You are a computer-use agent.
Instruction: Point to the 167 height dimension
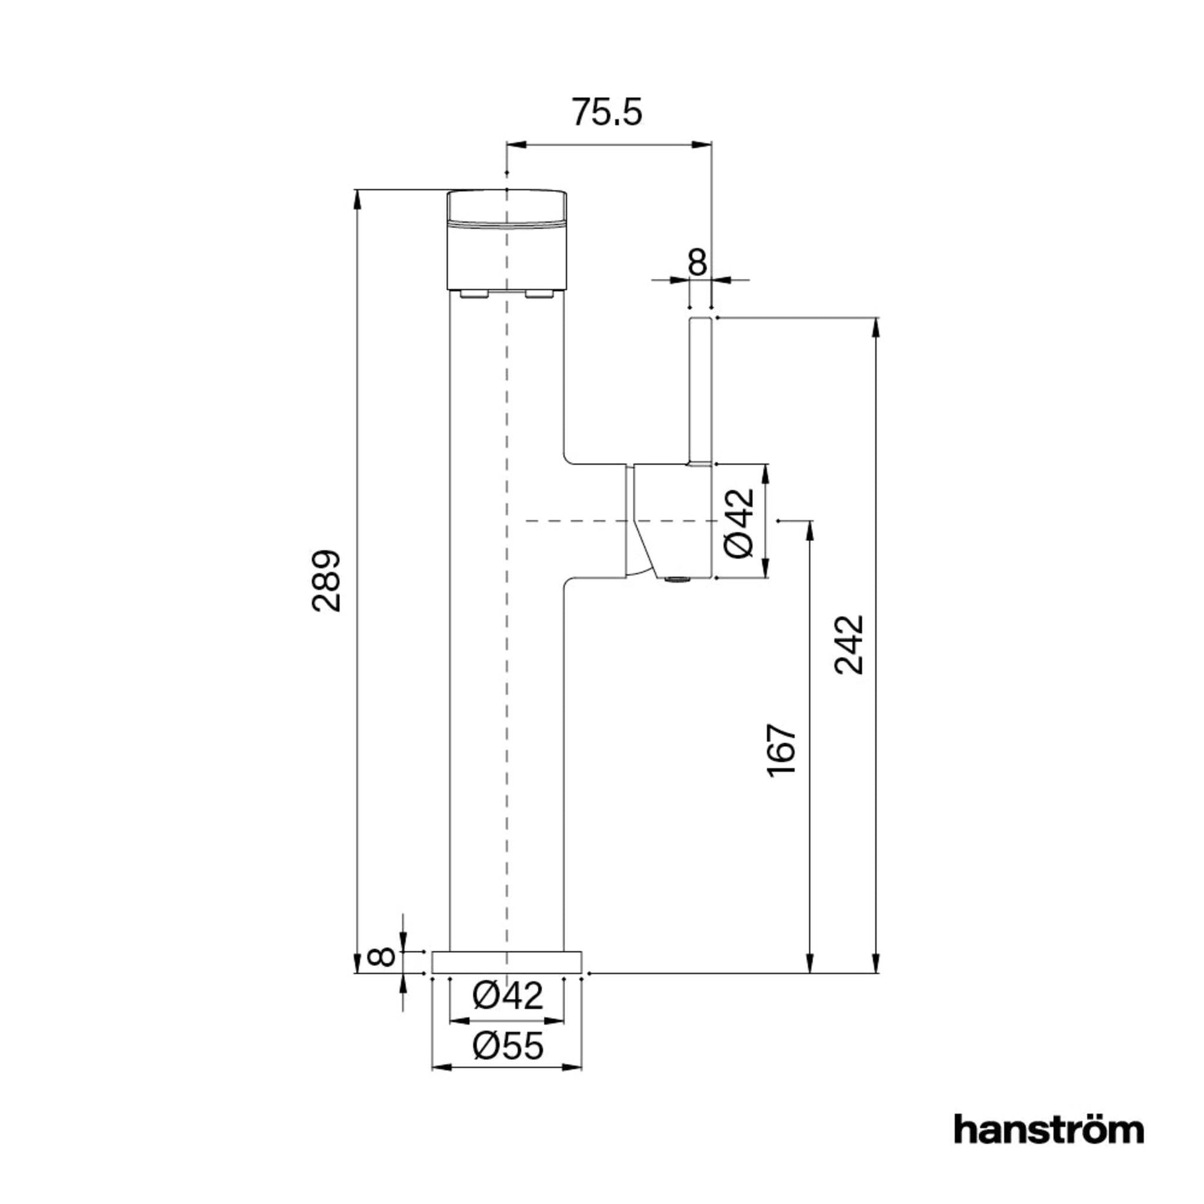782,749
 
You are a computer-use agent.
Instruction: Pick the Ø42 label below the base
508,995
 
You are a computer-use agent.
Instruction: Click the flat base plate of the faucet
507,962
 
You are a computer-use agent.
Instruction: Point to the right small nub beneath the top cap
539,294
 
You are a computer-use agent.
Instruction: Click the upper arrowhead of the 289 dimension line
357,199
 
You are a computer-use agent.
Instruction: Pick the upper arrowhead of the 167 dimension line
810,531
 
